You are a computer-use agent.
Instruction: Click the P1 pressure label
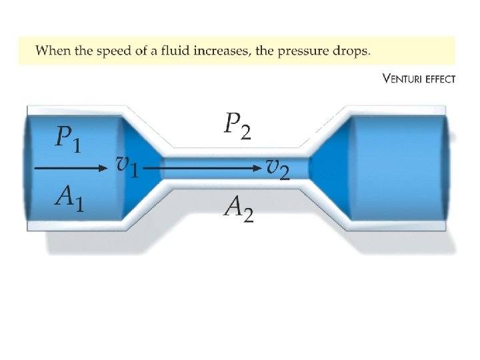click(x=68, y=139)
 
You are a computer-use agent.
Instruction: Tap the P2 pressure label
click(x=238, y=125)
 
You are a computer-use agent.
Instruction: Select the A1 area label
click(x=70, y=198)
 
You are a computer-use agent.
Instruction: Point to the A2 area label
click(x=238, y=209)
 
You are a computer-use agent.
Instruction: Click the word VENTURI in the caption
click(x=404, y=79)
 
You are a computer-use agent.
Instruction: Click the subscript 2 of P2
click(x=246, y=133)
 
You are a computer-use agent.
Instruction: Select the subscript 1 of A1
click(x=79, y=204)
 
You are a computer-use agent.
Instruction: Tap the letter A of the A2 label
click(x=233, y=207)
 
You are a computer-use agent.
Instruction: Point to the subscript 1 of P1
click(x=77, y=145)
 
